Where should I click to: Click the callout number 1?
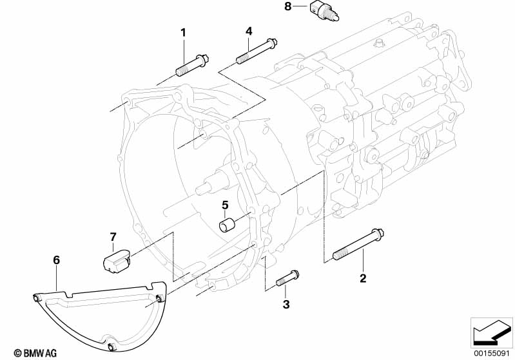coord(183,32)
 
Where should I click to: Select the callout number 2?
coord(363,278)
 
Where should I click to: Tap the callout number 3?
coord(286,303)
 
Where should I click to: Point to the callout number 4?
coord(249,31)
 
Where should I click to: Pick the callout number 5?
coord(225,205)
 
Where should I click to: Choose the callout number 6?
coord(56,260)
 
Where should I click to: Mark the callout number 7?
coord(112,236)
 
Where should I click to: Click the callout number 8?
coord(287,6)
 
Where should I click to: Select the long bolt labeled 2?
coord(358,245)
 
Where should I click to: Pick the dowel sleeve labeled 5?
coord(228,226)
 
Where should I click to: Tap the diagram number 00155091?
coord(491,353)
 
